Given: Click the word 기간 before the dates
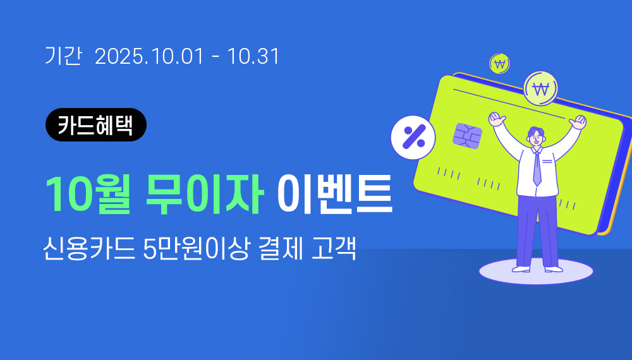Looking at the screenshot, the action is click(63, 56).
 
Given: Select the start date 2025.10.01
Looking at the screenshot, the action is click(149, 56).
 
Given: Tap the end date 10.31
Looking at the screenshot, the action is click(253, 56).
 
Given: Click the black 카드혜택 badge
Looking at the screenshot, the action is click(96, 125).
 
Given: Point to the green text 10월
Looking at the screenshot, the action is click(88, 195).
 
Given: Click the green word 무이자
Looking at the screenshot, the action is click(205, 195).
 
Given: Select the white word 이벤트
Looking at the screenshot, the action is click(334, 195).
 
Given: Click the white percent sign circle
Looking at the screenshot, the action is click(413, 137).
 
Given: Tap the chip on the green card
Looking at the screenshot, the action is click(467, 136).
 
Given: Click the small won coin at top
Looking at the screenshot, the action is click(499, 64).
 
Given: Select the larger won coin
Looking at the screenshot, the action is click(540, 88).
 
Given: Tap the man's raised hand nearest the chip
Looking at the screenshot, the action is click(496, 119).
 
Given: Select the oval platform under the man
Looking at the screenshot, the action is click(536, 272).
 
